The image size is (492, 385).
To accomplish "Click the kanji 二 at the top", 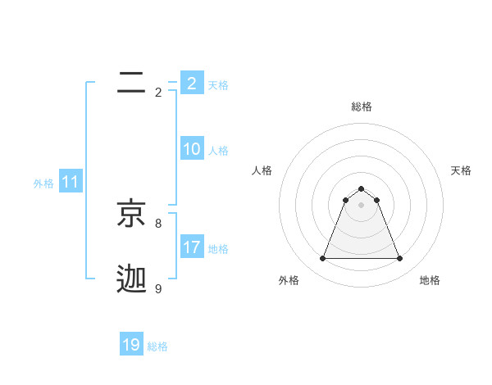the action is point(131,82).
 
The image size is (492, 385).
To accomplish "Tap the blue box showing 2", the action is point(192,84).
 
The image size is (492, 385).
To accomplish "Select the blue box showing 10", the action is point(192,149).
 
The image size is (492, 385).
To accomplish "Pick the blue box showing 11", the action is point(71,183).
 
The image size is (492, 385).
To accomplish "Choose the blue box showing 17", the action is point(192,247).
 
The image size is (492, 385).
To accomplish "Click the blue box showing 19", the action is point(131,345).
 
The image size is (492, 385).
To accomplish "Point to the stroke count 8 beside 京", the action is point(158,223).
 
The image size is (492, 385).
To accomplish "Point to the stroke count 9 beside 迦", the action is point(158,288).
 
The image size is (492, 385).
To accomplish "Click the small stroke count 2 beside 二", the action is point(158,92).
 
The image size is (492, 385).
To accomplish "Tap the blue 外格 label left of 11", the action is point(43,183).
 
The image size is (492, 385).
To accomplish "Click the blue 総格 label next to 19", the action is point(157,346).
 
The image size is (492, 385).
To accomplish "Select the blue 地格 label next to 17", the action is point(218,249).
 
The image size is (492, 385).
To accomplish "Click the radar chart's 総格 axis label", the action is point(362,106).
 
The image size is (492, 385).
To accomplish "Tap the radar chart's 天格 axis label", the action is point(461,170).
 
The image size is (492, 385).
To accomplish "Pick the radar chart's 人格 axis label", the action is point(262,170).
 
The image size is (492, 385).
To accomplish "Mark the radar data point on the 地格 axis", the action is point(400,259).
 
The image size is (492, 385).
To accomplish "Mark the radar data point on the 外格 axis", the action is point(322,259).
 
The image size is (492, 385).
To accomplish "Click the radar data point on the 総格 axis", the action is point(361,189).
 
